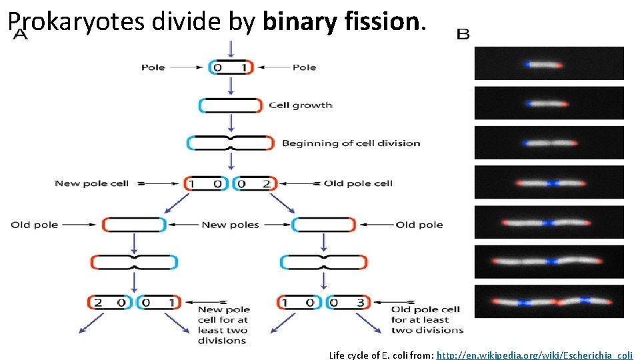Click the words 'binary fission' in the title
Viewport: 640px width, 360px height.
click(342, 22)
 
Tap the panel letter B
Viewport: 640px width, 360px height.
click(463, 34)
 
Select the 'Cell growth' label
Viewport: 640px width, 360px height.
click(300, 105)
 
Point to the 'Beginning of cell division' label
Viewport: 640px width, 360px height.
click(351, 143)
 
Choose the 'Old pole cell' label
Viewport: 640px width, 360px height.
click(358, 183)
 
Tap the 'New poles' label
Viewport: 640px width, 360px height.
click(230, 225)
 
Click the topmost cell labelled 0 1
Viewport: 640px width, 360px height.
click(231, 67)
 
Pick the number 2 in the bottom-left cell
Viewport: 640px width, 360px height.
click(99, 303)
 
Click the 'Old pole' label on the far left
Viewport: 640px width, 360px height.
click(35, 225)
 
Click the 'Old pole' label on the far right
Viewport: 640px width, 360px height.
click(419, 225)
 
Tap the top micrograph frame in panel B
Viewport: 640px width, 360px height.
click(549, 63)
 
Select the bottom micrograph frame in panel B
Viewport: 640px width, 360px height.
click(549, 301)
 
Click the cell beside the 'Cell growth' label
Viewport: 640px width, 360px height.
click(231, 105)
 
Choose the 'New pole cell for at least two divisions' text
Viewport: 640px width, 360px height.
click(223, 325)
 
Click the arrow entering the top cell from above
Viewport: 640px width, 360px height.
click(231, 49)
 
